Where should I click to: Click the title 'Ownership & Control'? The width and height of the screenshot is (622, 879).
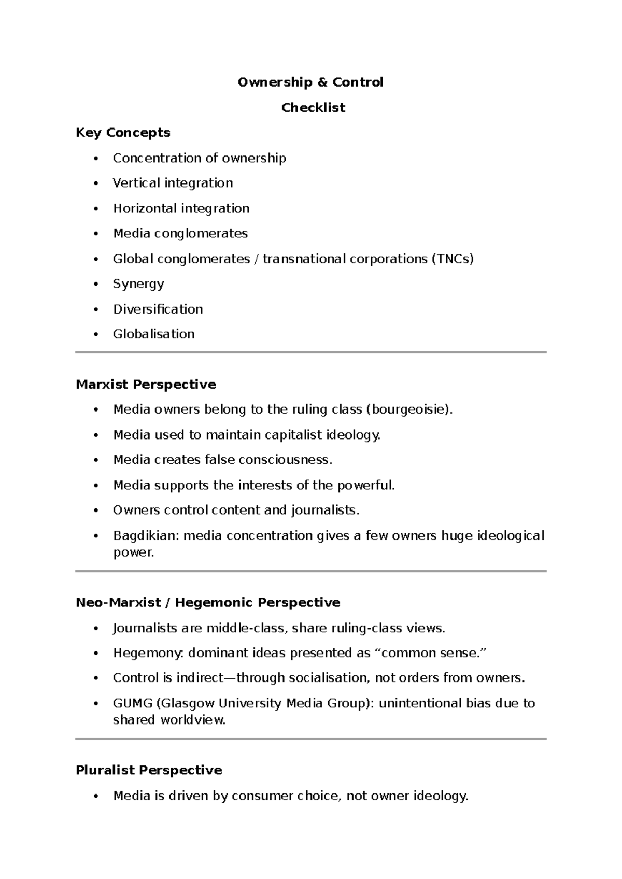310,82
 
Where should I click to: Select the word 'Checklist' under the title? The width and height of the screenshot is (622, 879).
313,108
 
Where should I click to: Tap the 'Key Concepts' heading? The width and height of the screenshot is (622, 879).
123,133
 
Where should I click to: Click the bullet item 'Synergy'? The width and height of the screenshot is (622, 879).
138,284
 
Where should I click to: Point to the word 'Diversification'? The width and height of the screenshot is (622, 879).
158,309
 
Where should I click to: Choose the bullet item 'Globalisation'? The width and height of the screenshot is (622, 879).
153,334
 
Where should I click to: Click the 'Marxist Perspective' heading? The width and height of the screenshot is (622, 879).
146,385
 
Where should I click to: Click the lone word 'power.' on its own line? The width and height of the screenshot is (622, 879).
134,552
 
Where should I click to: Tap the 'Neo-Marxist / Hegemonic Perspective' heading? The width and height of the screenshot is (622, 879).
208,603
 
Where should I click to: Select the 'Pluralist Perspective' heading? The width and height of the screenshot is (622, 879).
149,770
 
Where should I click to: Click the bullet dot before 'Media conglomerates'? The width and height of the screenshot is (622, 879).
95,234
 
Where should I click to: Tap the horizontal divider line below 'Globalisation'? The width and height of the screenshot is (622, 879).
310,352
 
